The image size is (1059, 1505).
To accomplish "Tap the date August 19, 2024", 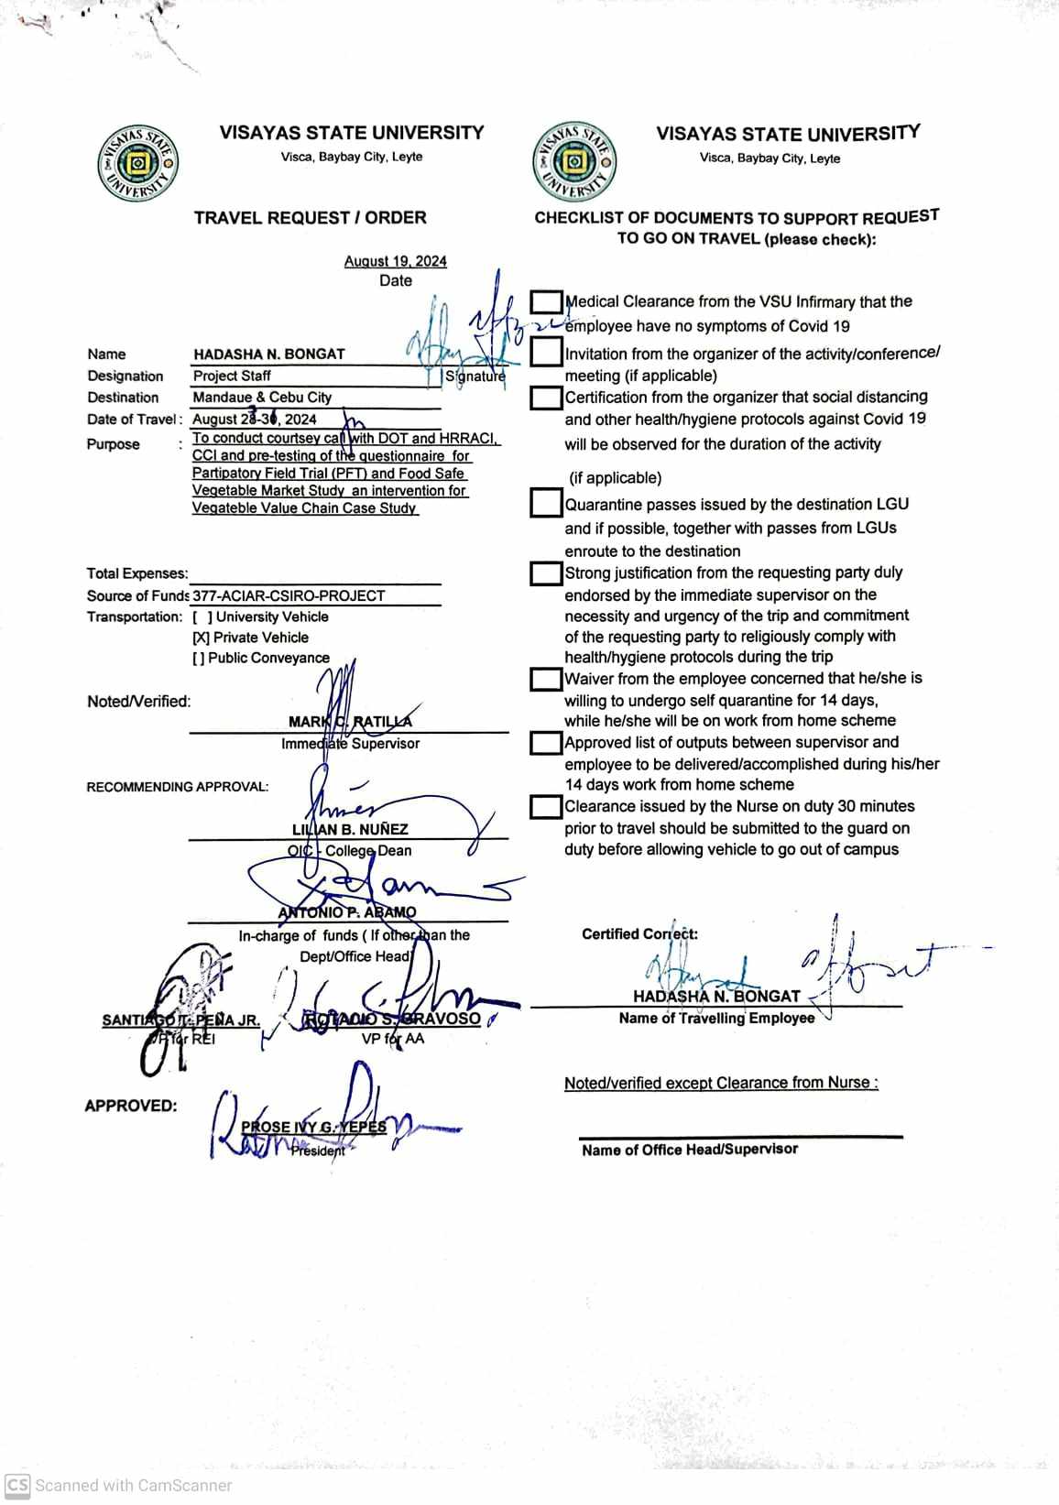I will coord(395,261).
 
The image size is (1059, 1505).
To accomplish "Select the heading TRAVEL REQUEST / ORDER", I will coord(310,218).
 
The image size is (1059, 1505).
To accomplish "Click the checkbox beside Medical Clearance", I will coord(546,301).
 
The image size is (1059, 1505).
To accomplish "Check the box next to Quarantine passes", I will coord(546,503).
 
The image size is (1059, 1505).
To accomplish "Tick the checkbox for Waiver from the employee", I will coord(546,679).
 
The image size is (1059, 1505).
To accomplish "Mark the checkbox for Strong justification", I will coord(546,573).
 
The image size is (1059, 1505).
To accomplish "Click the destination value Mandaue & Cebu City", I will coord(262,398).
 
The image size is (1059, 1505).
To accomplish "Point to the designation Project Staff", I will coord(232,376).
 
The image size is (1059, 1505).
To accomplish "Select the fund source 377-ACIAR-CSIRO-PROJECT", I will coord(289,595).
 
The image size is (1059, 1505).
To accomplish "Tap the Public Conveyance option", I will coord(261,658).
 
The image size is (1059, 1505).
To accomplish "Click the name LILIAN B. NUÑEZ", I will coord(350,829).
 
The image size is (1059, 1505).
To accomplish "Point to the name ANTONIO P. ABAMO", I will coord(346,912).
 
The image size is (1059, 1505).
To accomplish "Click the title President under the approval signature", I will coord(318,1151).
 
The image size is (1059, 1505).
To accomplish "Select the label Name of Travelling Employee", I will coord(716,1018).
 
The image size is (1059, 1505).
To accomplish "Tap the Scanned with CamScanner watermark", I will coord(119,1485).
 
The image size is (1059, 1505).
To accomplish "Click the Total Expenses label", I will coord(136,573).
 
